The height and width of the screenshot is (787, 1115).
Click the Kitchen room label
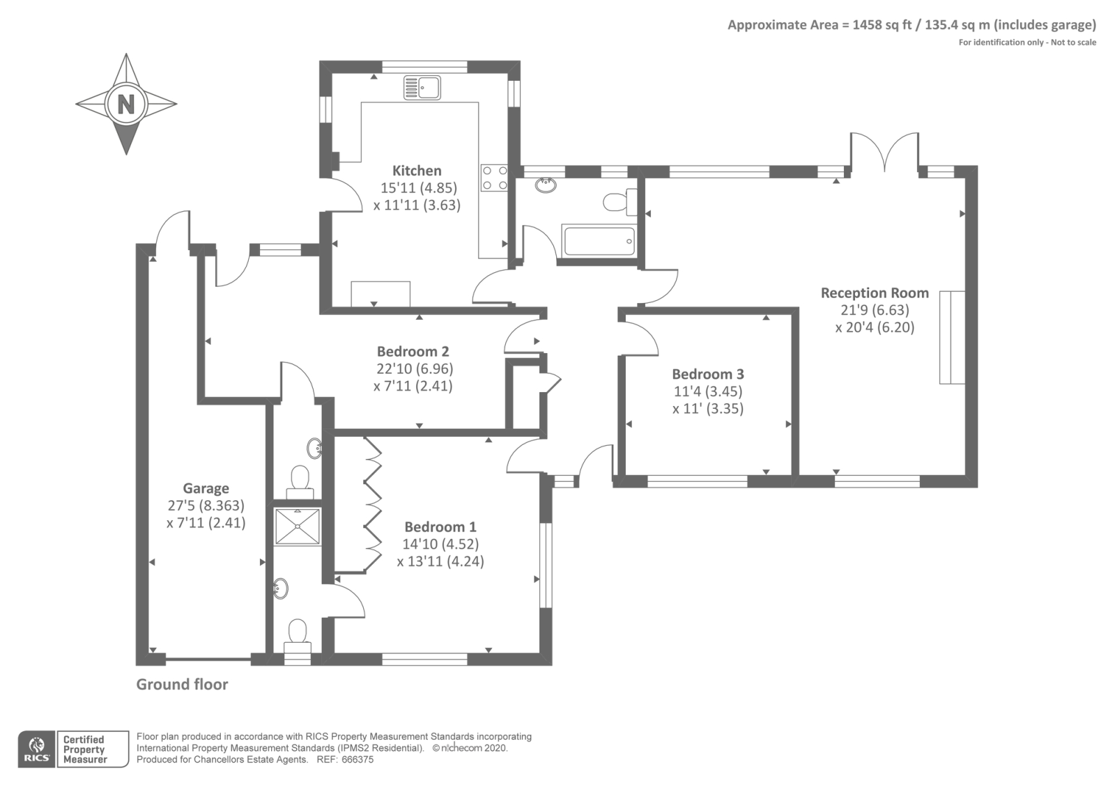[x=417, y=171]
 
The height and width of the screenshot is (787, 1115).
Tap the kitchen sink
[x=422, y=88]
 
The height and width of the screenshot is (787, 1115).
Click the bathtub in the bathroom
[x=599, y=241]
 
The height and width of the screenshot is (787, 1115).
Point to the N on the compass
[x=126, y=104]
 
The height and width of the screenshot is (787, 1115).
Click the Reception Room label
[x=875, y=293]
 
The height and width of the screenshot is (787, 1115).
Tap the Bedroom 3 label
[x=708, y=374]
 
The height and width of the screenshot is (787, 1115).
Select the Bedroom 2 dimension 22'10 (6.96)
[x=415, y=369]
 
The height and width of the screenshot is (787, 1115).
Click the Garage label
[x=206, y=488]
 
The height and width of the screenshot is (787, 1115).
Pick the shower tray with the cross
[x=298, y=526]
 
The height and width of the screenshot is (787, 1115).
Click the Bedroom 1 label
[x=440, y=527]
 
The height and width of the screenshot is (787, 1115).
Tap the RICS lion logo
[x=36, y=749]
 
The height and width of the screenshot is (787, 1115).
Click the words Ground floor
[x=182, y=685]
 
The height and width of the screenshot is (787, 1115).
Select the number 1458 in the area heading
[x=867, y=25]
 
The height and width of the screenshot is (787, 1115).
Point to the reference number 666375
[x=357, y=760]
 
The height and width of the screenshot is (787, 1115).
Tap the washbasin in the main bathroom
[x=546, y=185]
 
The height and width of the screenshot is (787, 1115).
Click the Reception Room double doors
[x=884, y=152]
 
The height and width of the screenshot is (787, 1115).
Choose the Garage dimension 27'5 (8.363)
[x=206, y=506]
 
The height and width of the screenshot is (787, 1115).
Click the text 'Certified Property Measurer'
[x=84, y=749]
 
